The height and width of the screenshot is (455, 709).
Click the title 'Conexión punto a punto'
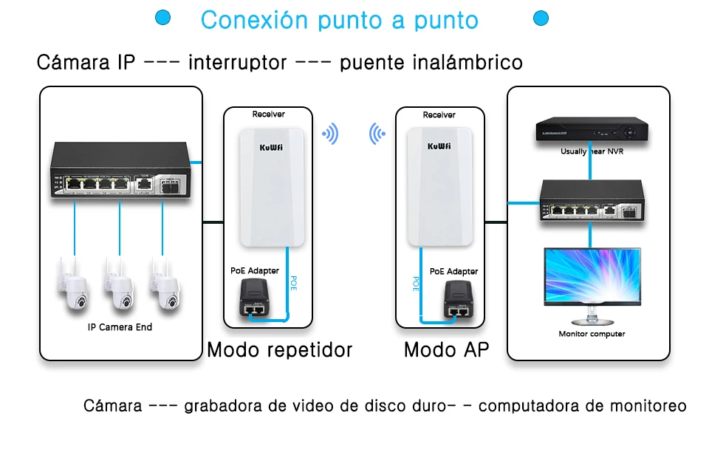click(340, 20)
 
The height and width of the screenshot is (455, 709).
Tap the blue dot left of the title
click(163, 17)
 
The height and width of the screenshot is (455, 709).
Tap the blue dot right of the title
click(541, 17)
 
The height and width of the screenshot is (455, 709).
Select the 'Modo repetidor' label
click(279, 349)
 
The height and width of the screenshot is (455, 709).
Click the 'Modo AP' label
click(446, 349)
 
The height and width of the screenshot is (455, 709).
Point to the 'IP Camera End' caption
click(120, 326)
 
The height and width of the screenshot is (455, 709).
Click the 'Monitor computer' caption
click(592, 334)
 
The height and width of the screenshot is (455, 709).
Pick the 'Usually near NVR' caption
click(592, 151)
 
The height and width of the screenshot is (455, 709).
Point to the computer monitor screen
click(591, 276)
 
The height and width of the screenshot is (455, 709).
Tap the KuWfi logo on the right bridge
click(439, 146)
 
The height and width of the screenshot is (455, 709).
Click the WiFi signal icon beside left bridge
click(329, 134)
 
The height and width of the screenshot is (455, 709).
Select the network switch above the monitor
click(591, 201)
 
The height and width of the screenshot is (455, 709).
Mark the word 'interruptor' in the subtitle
click(237, 62)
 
